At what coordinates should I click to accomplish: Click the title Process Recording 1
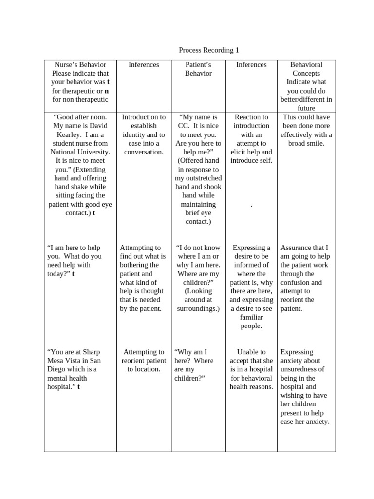pyautogui.click(x=209, y=50)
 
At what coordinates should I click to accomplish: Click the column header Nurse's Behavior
pyautogui.click(x=80, y=64)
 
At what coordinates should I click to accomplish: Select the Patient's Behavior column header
pyautogui.click(x=198, y=69)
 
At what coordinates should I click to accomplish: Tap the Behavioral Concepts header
pyautogui.click(x=306, y=69)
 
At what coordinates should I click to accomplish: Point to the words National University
pyautogui.click(x=80, y=152)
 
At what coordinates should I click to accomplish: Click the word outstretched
pyautogui.click(x=198, y=178)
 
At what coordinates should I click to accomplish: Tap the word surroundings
pyautogui.click(x=197, y=308)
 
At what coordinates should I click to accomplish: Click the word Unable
pyautogui.click(x=251, y=352)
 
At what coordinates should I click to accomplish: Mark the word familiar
pyautogui.click(x=251, y=317)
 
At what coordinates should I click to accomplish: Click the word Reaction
pyautogui.click(x=251, y=117)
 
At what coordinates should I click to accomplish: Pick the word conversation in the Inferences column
pyautogui.click(x=144, y=152)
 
